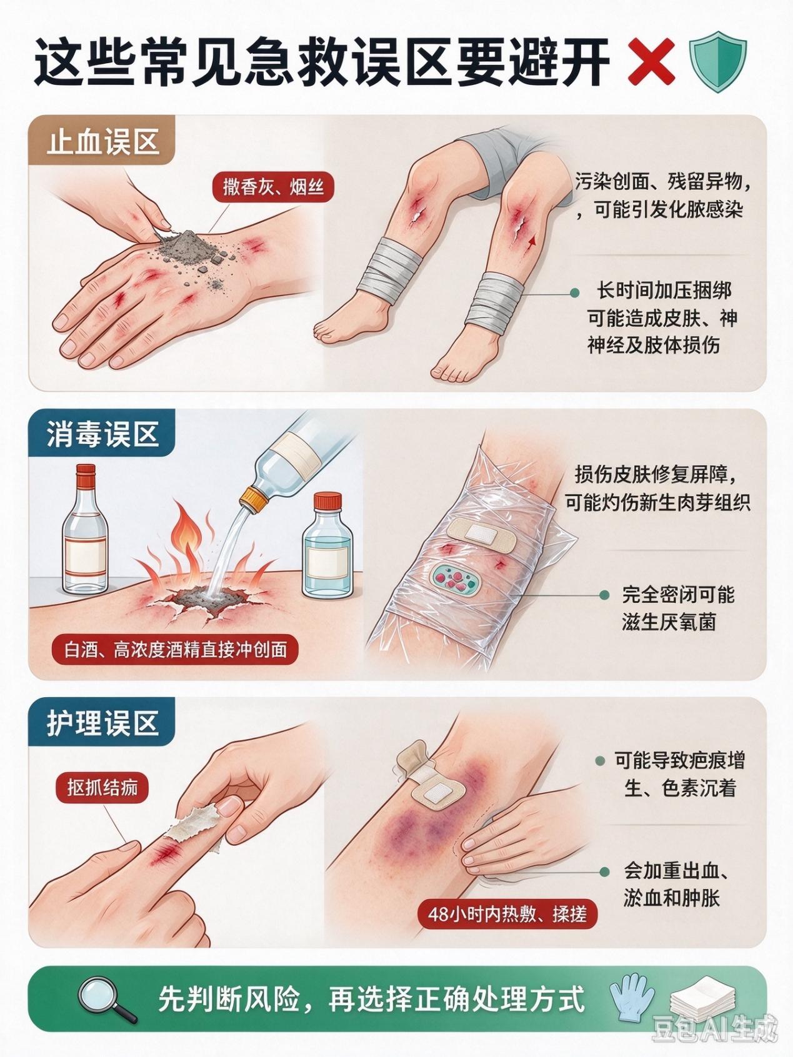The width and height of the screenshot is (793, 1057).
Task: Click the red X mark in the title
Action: tap(651, 61)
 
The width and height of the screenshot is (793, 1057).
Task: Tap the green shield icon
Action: tap(717, 61)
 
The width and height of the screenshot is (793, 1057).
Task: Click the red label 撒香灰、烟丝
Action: tap(273, 186)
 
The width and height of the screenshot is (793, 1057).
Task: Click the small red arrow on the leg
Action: tap(531, 241)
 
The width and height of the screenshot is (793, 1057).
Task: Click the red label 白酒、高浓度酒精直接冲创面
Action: tap(176, 649)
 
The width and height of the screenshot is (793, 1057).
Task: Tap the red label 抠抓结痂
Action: tap(102, 788)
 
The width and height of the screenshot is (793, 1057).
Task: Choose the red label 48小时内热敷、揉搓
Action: tap(507, 914)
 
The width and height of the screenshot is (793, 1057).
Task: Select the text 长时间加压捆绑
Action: tap(664, 290)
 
